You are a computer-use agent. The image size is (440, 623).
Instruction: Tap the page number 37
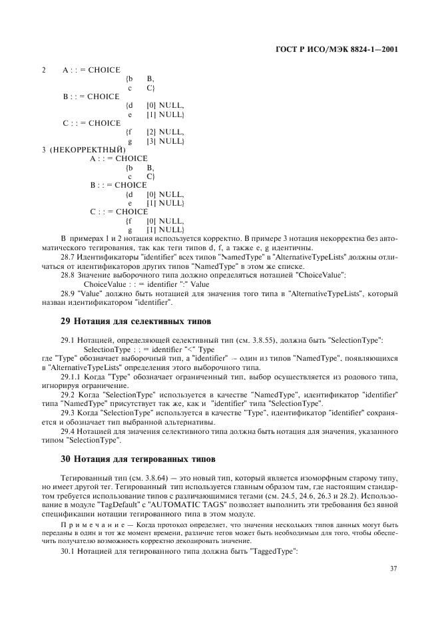pyautogui.click(x=393, y=568)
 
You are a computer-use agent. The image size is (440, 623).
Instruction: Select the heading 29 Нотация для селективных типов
pyautogui.click(x=119, y=320)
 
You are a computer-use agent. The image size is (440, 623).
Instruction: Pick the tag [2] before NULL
pyautogui.click(x=151, y=132)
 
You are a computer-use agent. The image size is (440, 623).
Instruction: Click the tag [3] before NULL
pyautogui.click(x=151, y=141)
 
